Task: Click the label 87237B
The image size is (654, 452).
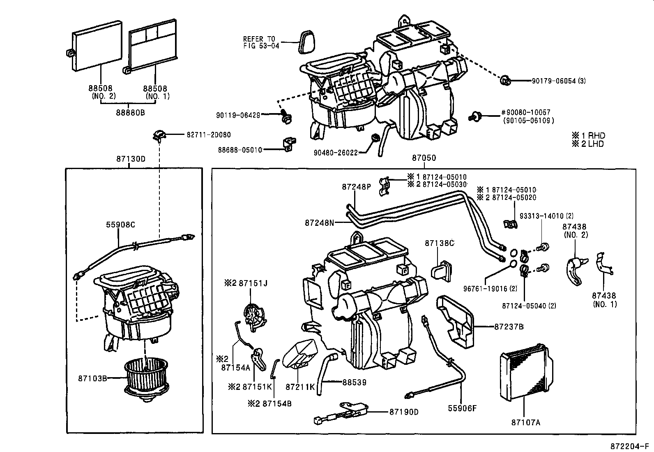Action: pos(509,327)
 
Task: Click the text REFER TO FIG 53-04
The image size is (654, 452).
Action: pos(261,42)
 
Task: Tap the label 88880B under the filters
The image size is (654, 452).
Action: pos(130,112)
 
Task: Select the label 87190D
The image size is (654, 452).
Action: pos(403,412)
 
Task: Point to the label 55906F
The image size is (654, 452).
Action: pos(462,408)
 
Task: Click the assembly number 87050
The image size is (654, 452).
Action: pos(424,158)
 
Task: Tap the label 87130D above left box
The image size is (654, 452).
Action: pos(131,158)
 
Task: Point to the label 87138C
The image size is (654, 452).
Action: pos(439,243)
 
